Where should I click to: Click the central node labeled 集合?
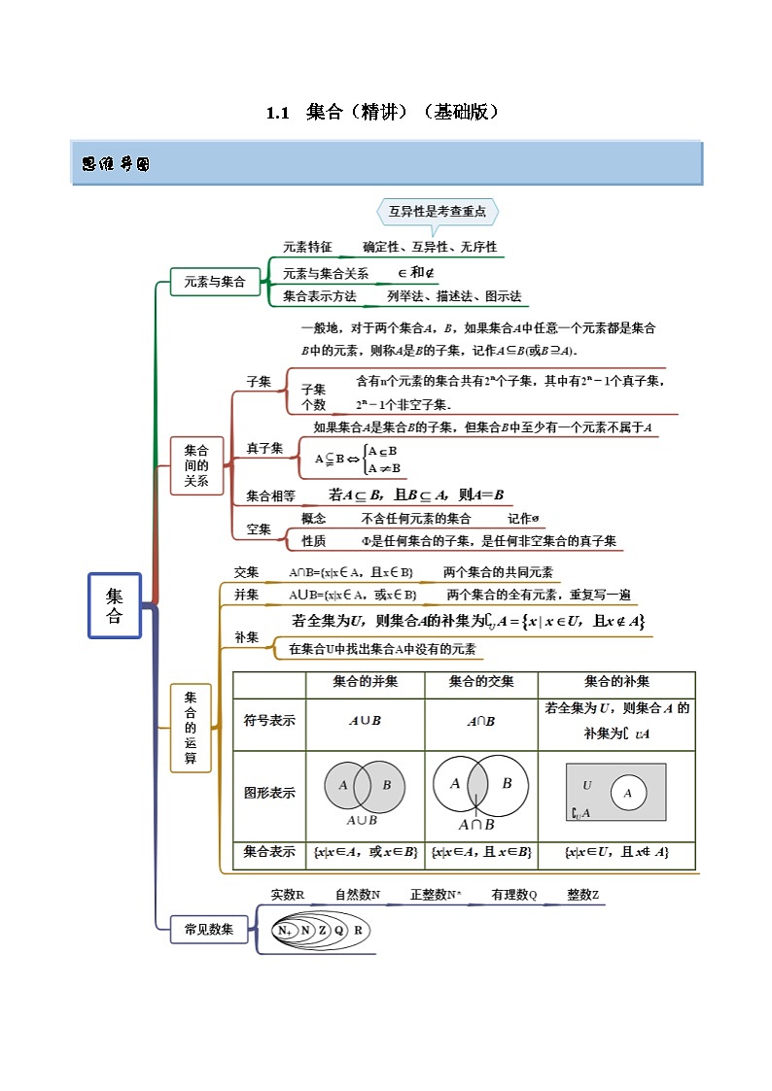click(115, 605)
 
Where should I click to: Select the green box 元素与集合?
click(215, 282)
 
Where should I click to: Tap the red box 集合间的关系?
click(196, 464)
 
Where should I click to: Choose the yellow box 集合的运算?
click(191, 728)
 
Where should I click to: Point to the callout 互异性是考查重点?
click(438, 211)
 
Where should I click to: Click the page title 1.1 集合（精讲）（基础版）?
click(385, 112)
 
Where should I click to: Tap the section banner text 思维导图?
click(116, 164)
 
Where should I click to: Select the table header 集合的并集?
click(365, 682)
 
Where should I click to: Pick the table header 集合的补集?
click(616, 682)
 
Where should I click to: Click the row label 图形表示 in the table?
click(269, 793)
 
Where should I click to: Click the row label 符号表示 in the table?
click(269, 721)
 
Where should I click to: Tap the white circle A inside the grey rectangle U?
click(628, 794)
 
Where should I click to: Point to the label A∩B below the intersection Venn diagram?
click(476, 825)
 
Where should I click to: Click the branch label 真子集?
click(264, 448)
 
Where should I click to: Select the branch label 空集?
click(259, 529)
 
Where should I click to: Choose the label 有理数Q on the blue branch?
click(513, 895)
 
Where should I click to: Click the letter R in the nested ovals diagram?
click(358, 930)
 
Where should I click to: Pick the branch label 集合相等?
click(270, 495)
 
